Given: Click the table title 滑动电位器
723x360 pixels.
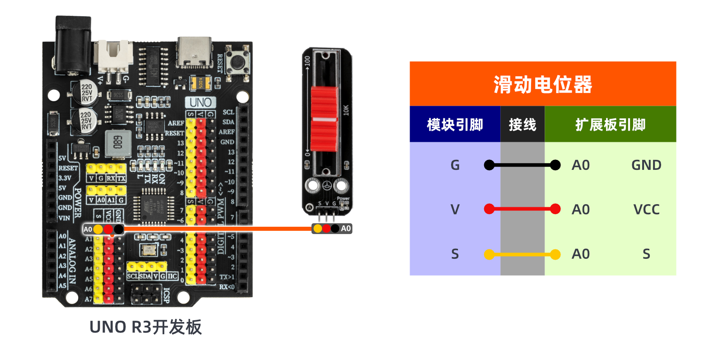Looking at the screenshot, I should tap(542, 84).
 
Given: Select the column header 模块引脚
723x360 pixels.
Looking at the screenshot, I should tap(455, 125).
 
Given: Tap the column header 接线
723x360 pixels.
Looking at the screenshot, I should tap(522, 125).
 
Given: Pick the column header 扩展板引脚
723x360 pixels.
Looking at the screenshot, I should tap(610, 125).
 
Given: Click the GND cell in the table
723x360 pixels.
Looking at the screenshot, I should tap(646, 165).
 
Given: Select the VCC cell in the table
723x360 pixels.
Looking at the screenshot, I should tap(646, 210).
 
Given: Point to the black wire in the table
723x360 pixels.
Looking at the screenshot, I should tap(522, 165).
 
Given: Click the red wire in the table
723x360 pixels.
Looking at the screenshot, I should tap(522, 209).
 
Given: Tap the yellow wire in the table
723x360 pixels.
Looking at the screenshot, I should tap(522, 255).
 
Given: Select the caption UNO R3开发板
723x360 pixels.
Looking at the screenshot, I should tap(145, 327).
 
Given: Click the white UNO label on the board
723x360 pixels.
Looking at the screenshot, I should tap(200, 103).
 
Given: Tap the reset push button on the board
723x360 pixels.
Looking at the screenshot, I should tap(238, 62).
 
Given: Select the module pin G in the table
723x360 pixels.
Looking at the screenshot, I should tap(455, 165).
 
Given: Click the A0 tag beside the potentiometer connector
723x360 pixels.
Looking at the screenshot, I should tap(346, 229).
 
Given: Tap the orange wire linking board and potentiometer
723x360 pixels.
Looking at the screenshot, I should tap(217, 229).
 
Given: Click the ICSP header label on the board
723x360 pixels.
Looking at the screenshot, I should tap(166, 295).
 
